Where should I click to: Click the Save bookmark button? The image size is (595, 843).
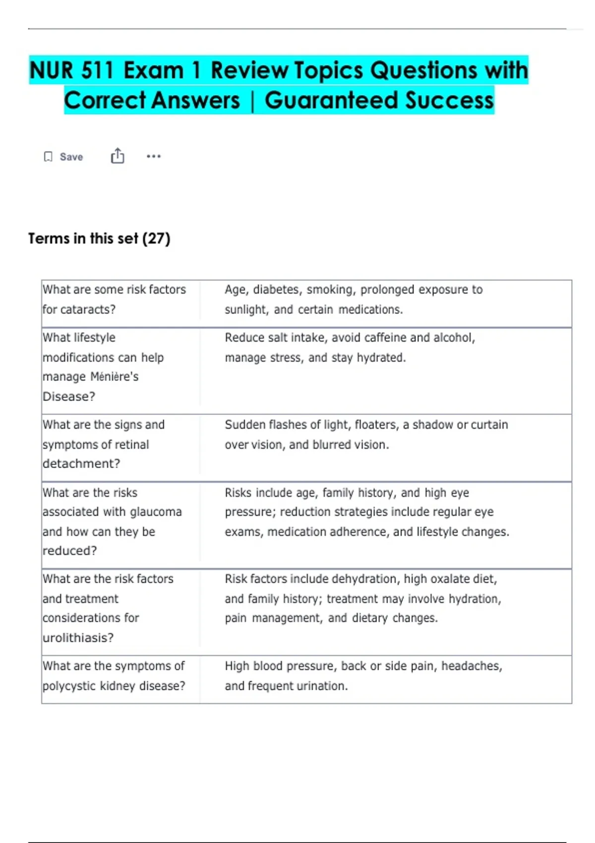(x=63, y=157)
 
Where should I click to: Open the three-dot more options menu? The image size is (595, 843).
(x=154, y=156)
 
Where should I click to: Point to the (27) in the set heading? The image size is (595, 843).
(x=156, y=239)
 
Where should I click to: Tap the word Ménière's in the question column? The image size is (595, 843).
(x=115, y=377)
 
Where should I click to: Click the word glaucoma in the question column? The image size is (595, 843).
(x=156, y=512)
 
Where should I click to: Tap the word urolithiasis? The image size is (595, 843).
(x=78, y=638)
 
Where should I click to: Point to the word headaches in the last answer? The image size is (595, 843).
(x=471, y=666)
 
